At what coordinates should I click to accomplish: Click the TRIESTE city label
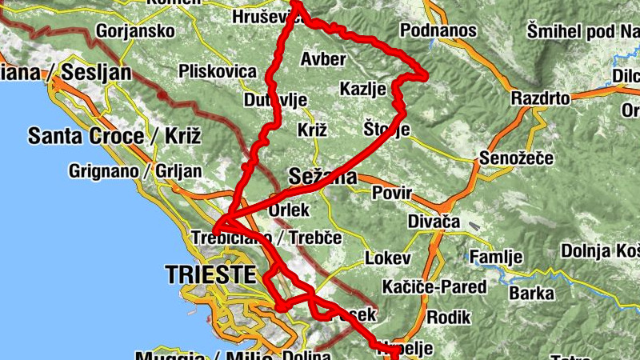coord(210,275)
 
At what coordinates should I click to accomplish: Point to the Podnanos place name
coord(438,30)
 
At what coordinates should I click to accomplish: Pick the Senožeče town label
coord(516,158)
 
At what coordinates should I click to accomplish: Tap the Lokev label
coord(387,258)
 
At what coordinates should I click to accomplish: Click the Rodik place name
coord(448,317)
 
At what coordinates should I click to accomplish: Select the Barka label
coord(531,292)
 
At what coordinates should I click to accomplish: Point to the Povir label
coord(391,194)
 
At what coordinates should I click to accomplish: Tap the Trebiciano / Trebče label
coord(266,238)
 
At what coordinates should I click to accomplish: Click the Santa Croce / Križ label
coord(114,135)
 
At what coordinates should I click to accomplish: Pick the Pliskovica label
coord(218,71)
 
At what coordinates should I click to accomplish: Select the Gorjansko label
coord(135,32)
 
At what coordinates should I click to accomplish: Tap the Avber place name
coord(323,58)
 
